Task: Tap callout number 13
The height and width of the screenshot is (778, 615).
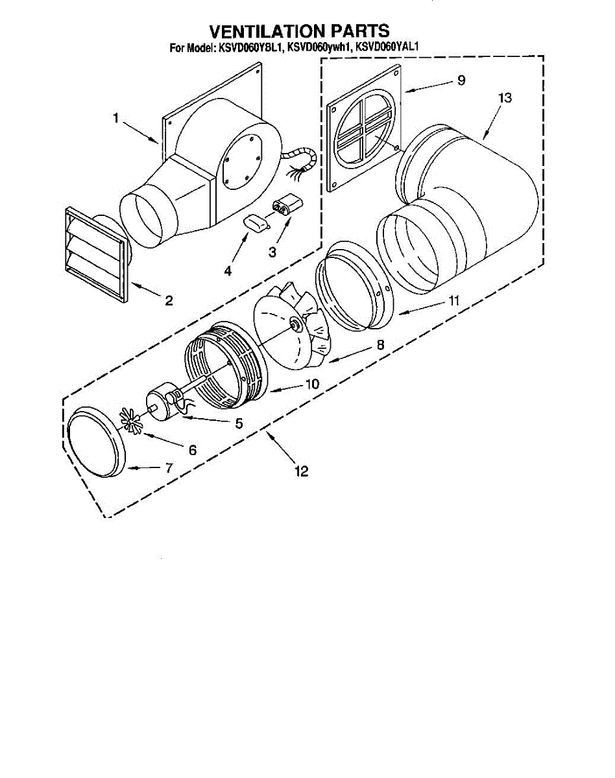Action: [505, 98]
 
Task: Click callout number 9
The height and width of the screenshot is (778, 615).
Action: [461, 80]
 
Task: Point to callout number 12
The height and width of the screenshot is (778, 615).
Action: [300, 471]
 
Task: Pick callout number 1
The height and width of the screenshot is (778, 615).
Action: [115, 118]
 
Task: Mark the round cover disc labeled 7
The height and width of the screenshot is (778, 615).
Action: [96, 443]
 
